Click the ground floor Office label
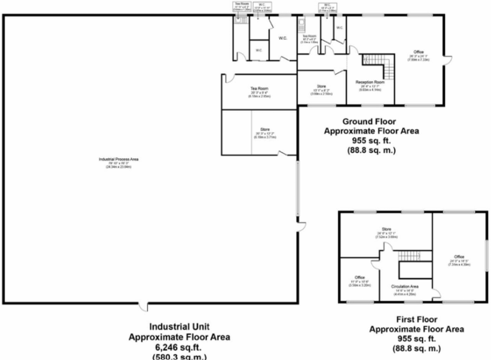click(x=419, y=52)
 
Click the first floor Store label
click(x=385, y=230)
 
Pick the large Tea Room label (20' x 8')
click(x=258, y=88)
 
